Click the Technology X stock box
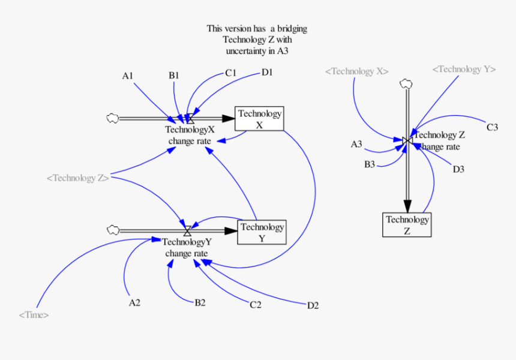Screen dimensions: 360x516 tap(259, 119)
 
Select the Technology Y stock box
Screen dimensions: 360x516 tap(262, 232)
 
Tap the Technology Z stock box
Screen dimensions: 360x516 tap(407, 224)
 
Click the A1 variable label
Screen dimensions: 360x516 tap(127, 76)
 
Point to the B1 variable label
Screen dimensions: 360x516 tap(174, 76)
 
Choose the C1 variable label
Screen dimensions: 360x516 tap(231, 73)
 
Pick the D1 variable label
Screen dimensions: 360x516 tap(267, 73)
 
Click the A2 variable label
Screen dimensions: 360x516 tap(134, 302)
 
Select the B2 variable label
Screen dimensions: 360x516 tap(200, 302)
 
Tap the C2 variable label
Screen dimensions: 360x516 tap(256, 305)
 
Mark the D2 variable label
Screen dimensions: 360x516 tap(313, 305)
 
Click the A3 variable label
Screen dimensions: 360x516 tap(356, 144)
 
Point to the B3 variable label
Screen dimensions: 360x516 tap(369, 164)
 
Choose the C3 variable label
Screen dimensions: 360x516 tap(492, 127)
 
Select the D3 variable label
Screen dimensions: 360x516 tap(458, 169)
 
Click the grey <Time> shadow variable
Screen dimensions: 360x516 tap(34, 314)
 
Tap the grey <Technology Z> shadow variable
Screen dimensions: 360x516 tap(78, 178)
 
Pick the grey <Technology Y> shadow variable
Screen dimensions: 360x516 tap(464, 69)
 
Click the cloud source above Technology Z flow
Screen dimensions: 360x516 tap(406, 84)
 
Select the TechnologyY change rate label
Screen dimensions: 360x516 tap(187, 248)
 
